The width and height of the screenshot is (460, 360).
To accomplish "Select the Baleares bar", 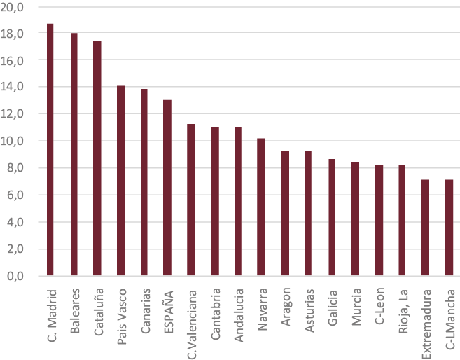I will click(x=74, y=154).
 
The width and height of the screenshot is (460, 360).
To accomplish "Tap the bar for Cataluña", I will click(x=97, y=158).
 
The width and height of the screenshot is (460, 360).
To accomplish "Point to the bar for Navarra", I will click(x=261, y=207).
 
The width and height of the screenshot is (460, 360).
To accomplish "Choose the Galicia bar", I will click(x=331, y=217).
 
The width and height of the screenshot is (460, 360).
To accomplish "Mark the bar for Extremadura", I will click(x=424, y=228).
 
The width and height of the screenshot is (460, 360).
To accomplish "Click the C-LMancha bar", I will click(x=448, y=228).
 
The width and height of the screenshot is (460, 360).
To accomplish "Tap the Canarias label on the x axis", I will click(x=144, y=311).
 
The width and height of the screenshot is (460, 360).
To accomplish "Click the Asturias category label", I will click(x=308, y=308).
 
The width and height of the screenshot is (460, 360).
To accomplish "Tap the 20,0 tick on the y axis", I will click(x=15, y=6).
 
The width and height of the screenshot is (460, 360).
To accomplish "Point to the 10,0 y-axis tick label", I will click(x=15, y=141).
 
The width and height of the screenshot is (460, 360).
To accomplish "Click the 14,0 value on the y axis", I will click(x=15, y=87).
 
